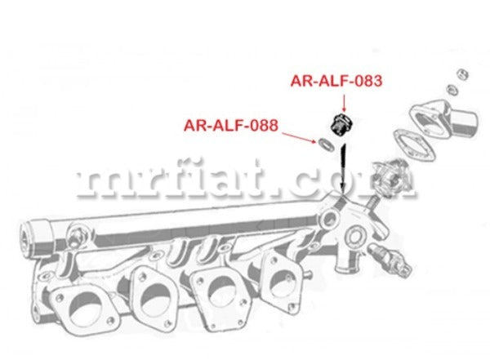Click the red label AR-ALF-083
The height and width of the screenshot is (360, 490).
336,81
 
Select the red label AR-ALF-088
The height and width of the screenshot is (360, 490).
231,126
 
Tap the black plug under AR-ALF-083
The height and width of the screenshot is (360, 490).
341,125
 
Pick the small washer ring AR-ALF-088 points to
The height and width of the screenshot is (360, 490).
325,144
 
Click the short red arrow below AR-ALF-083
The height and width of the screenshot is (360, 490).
344,103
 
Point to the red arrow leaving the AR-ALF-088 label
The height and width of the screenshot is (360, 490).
299,138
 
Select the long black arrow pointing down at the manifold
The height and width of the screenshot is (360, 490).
343,170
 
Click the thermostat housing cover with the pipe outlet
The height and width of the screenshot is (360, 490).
443,118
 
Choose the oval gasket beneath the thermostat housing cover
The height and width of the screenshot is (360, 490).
414,145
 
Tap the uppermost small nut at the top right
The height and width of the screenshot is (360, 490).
462,74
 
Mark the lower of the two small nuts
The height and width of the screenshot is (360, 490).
452,90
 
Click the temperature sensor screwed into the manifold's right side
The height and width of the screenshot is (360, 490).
389,256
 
